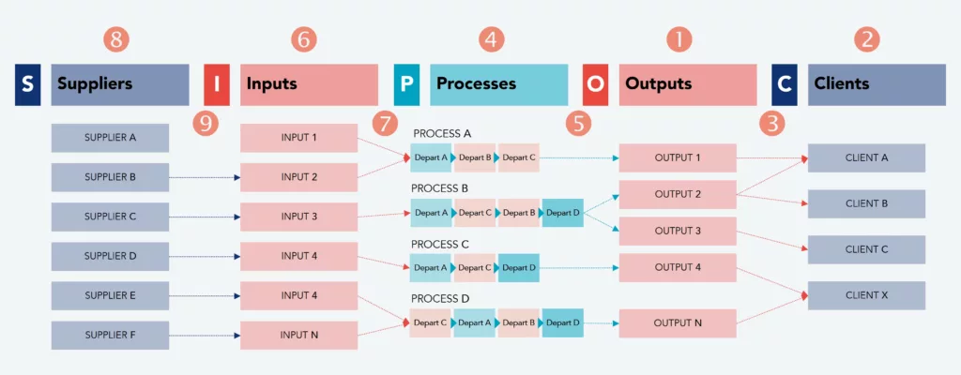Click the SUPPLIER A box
tap(110, 138)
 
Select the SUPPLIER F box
tap(110, 335)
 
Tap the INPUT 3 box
tap(299, 217)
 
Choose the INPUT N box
tap(299, 335)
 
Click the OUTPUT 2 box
tap(678, 194)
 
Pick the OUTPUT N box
tap(678, 323)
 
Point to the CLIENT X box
tap(866, 295)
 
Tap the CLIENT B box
tap(866, 203)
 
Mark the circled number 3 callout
tap(772, 123)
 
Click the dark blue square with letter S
tap(27, 84)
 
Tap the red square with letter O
tap(595, 84)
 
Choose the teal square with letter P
tap(406, 84)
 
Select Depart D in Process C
tap(518, 267)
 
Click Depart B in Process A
tap(476, 157)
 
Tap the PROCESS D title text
tap(440, 298)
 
